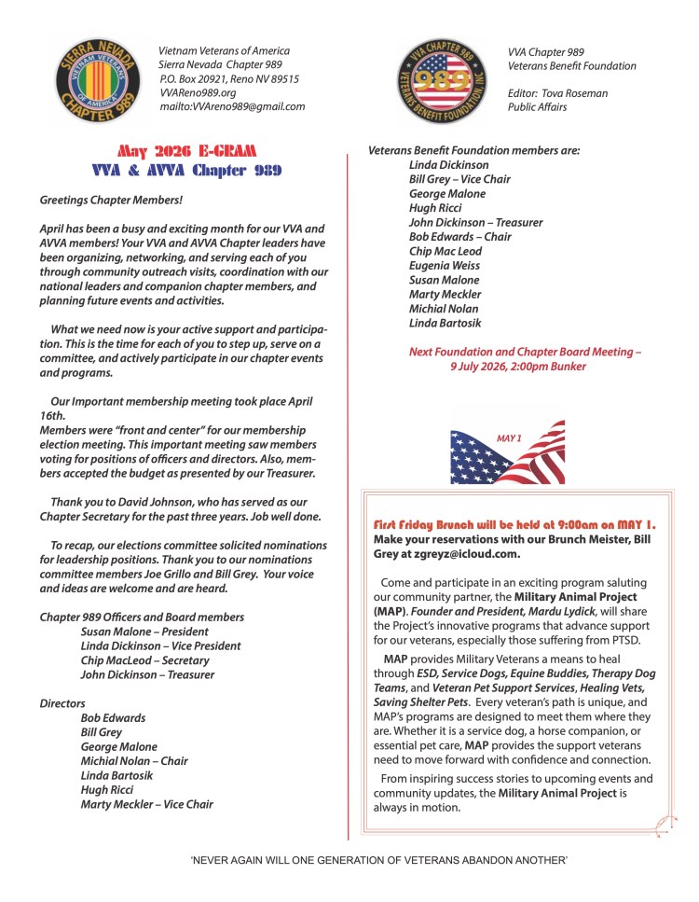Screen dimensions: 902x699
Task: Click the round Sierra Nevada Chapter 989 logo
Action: tap(89, 81)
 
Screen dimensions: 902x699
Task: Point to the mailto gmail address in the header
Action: tap(232, 106)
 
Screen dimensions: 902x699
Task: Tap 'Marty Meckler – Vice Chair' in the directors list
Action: tap(147, 803)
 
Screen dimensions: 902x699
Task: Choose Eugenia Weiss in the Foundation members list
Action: tap(444, 266)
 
